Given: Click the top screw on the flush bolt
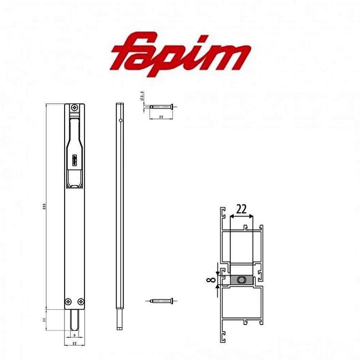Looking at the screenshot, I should [75, 107].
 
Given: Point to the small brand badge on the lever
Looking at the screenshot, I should [75, 159].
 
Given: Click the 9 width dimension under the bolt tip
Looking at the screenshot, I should [75, 335].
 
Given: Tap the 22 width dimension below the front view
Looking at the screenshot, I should [75, 343].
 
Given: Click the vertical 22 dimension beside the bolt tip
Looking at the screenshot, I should [44, 320].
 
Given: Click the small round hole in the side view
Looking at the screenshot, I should [121, 120].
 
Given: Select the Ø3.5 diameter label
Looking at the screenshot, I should [143, 97].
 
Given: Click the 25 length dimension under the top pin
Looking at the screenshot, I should [161, 117].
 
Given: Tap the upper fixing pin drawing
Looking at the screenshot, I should [162, 106].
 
